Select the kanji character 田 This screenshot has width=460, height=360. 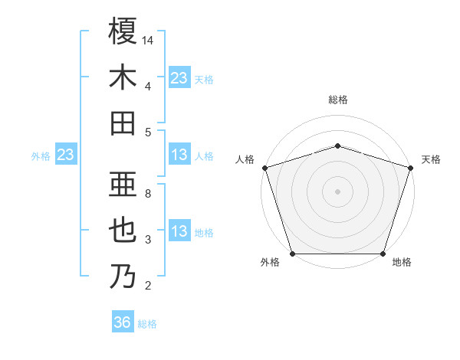click(123, 123)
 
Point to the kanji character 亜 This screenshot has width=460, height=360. click(123, 184)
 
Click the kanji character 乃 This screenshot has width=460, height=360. click(123, 277)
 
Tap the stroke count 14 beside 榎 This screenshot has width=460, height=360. click(148, 40)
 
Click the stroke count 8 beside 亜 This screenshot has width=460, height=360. click(148, 194)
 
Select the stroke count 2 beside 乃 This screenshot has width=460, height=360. click(148, 286)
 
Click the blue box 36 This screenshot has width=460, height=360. click(123, 322)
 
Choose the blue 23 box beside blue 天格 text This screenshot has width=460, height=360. click(179, 78)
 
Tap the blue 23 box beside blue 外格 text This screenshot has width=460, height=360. click(65, 155)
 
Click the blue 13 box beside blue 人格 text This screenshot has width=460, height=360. click(179, 155)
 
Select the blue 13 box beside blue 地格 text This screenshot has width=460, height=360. click(179, 232)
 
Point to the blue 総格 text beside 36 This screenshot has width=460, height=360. click(147, 324)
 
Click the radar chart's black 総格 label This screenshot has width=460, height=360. click(337, 100)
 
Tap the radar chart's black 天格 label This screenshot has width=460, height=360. click(431, 159)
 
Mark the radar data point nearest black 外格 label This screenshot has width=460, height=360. click(292, 254)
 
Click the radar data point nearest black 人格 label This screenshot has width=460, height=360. click(264, 168)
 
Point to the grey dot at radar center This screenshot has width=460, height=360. click(337, 191)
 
